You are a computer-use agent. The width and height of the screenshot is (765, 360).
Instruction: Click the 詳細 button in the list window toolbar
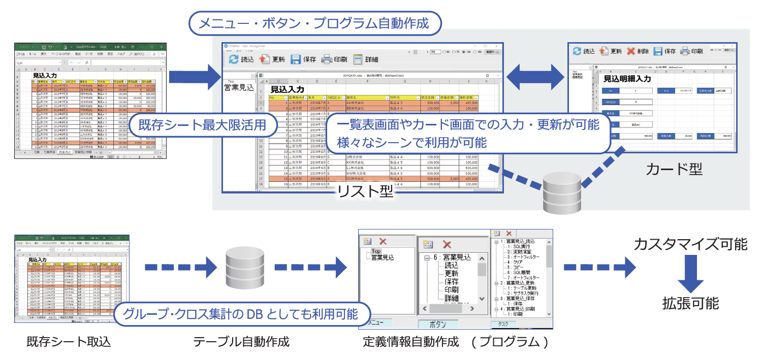pos(366,59)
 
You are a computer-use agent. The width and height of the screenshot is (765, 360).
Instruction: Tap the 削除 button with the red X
pos(637,51)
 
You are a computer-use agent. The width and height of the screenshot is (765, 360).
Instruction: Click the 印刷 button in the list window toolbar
pos(335,59)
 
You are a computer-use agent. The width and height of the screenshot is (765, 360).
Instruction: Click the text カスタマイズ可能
pos(691,244)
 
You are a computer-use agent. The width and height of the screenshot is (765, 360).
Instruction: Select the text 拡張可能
pos(691,303)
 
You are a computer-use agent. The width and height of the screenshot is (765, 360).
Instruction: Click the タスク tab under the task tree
pos(503,324)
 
